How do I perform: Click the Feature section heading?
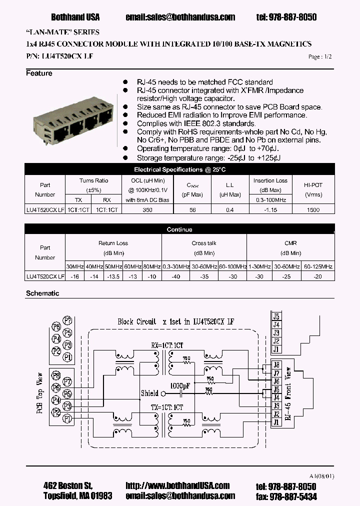pos(39,73)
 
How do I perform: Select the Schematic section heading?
pos(42,293)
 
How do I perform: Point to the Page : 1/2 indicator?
pos(319,57)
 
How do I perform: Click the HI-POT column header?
pos(313,184)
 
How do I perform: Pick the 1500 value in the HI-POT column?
pos(313,210)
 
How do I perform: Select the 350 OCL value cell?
pos(147,210)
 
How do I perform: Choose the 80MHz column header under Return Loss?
pos(151,267)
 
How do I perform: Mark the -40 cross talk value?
pos(175,276)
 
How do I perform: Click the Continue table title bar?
pos(179,229)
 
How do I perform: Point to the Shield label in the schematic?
pos(149,393)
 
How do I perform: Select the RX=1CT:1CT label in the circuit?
pos(167,344)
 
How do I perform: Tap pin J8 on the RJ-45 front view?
pos(276,364)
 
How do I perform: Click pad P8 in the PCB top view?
pos(56,375)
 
